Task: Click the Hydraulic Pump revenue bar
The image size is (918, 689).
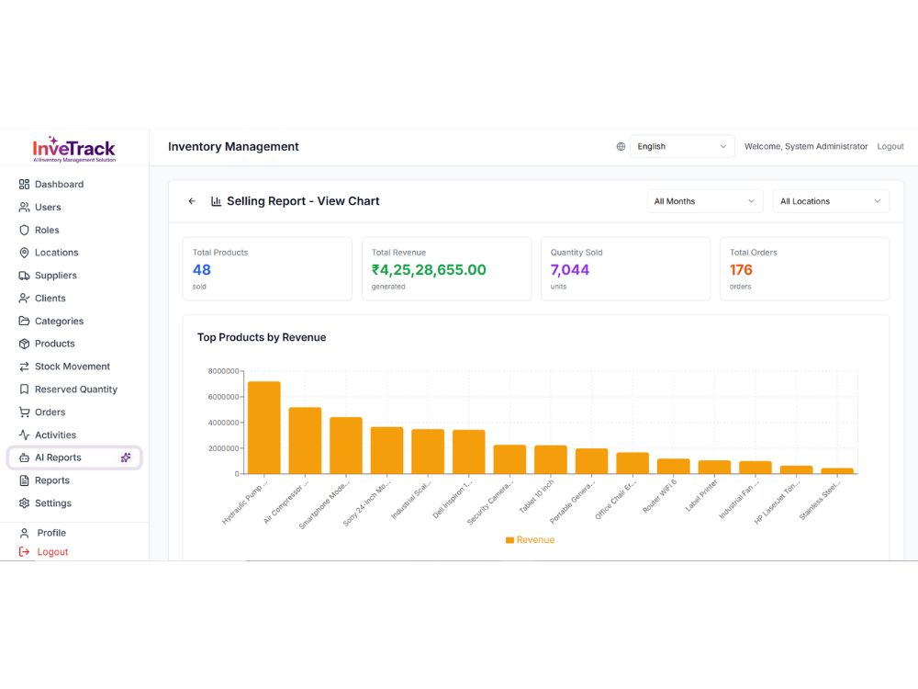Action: pos(264,428)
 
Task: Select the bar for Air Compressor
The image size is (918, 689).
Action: pos(305,441)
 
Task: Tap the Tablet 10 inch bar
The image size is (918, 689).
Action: pos(550,460)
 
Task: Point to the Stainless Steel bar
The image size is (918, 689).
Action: pos(837,471)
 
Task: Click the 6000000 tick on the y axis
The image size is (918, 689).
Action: pos(223,397)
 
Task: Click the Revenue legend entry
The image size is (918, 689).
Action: pos(530,539)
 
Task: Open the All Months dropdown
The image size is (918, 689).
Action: pos(705,201)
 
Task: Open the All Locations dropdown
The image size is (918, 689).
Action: pos(831,201)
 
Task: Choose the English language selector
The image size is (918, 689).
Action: pos(682,146)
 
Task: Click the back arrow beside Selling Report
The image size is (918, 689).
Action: pos(192,201)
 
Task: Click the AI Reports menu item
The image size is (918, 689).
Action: pos(74,457)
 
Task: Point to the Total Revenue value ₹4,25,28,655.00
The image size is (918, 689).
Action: pos(429,269)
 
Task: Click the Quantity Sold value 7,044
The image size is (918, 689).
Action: pos(570,269)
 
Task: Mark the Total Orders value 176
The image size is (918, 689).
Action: pos(741,269)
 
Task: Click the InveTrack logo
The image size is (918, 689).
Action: pos(73,150)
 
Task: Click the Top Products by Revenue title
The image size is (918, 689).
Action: pos(262,337)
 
